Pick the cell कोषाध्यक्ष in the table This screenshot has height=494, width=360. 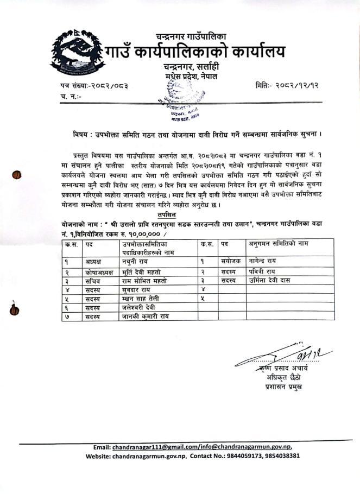click(99, 271)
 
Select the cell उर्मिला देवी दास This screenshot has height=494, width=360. click(274, 281)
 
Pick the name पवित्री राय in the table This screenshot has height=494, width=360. click(263, 271)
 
